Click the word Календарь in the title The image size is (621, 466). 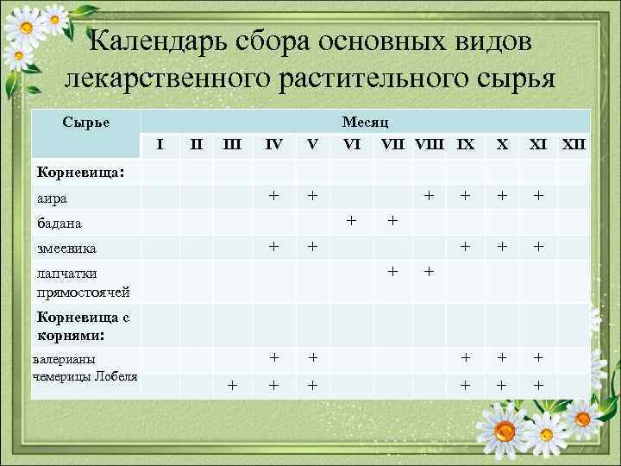[172, 41]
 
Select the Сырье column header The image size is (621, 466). [85, 123]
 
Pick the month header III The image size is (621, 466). [232, 143]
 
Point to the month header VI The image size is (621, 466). [351, 143]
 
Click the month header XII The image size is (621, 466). [574, 143]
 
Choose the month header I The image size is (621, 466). [160, 143]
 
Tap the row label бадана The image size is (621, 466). [60, 224]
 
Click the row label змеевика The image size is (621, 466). [66, 249]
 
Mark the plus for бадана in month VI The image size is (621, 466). [351, 221]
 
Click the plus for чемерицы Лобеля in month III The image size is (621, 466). [232, 385]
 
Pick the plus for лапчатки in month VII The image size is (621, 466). [392, 271]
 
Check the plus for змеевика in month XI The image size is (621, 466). [538, 246]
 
